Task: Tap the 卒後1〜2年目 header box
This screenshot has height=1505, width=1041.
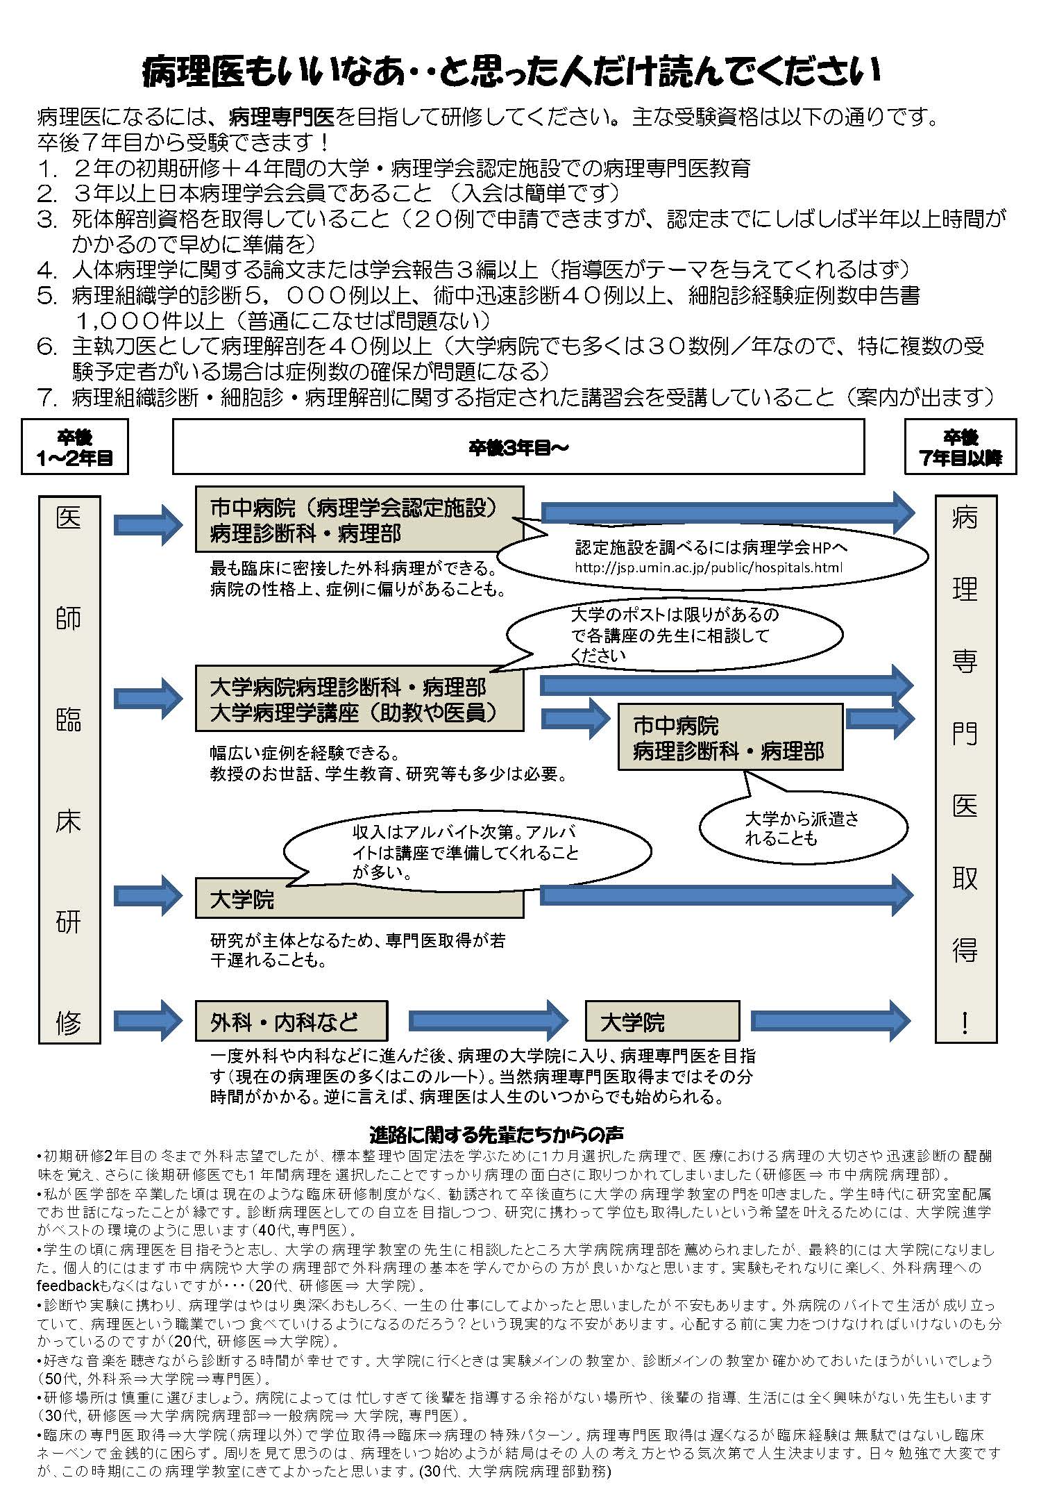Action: pos(75,447)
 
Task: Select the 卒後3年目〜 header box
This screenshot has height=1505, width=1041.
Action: pos(518,448)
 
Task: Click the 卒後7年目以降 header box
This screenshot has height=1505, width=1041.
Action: pos(960,447)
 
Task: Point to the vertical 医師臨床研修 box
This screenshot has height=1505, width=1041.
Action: pos(69,769)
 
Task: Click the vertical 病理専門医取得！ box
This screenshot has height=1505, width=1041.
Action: pos(965,769)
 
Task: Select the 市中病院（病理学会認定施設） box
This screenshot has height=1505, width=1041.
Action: pos(359,519)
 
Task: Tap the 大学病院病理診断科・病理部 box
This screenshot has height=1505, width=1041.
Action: pos(359,699)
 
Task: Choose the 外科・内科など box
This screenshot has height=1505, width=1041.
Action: pos(291,1021)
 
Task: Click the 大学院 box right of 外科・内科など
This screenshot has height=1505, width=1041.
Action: pos(662,1021)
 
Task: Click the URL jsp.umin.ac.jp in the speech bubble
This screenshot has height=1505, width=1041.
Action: pos(709,567)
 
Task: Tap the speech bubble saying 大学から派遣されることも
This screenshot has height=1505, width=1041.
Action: pos(803,828)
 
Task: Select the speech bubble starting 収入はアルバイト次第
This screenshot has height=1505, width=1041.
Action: pos(466,851)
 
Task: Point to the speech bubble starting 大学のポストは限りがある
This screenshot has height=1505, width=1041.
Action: pos(674,634)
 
